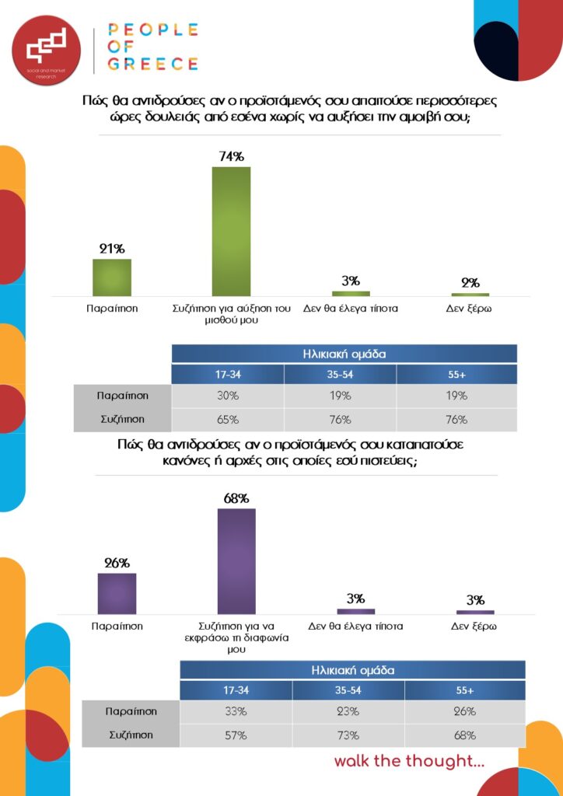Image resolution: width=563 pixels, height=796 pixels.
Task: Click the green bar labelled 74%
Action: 231,231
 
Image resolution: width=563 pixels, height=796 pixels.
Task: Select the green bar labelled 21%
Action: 112,277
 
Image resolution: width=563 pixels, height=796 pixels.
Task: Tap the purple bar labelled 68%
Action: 236,560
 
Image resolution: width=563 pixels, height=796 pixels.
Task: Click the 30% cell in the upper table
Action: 228,396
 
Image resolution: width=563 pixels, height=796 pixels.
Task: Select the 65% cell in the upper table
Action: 228,420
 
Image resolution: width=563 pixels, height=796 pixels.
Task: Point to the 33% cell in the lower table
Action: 236,711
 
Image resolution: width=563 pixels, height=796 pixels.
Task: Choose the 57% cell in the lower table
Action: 236,735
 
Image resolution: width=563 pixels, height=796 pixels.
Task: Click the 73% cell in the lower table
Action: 349,735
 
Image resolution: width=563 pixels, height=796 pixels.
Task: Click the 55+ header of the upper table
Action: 457,374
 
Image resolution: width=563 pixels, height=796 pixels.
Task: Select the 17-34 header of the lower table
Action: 236,690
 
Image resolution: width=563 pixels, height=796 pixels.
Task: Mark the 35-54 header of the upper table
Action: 340,374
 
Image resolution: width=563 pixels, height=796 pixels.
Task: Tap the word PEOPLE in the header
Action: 152,30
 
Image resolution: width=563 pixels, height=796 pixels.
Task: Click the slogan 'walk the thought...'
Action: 409,760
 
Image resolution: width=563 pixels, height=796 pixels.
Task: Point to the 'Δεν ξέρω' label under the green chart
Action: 470,308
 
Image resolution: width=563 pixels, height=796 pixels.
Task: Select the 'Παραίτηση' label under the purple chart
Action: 117,625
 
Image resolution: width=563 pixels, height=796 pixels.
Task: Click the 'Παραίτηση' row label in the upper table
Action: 123,396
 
